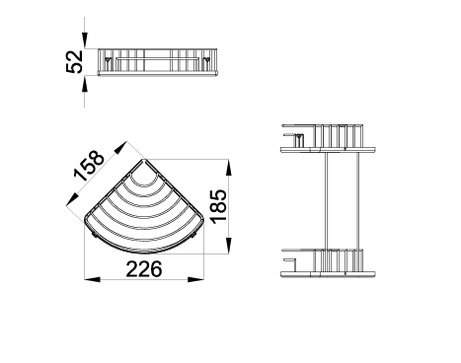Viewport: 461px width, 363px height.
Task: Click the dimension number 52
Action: (74, 62)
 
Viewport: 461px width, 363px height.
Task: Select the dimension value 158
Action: (89, 166)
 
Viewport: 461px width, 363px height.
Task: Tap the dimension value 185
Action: (219, 206)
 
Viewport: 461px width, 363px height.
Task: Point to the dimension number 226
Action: (144, 269)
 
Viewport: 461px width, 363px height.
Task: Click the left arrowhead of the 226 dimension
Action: (92, 279)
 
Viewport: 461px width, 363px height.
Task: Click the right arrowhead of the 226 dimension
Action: (196, 279)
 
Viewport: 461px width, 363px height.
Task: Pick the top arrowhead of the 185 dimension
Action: (229, 167)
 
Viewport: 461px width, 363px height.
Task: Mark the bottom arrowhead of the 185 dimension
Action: (229, 246)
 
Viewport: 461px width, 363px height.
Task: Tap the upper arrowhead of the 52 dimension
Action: (85, 40)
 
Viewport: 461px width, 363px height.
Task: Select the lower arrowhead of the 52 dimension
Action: (85, 84)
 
